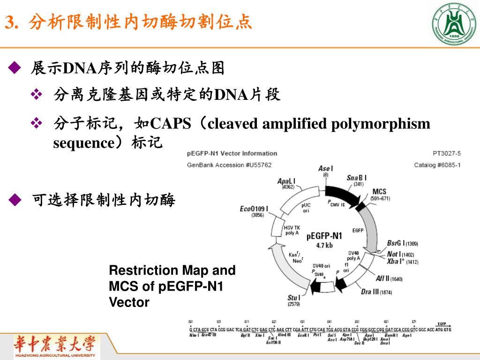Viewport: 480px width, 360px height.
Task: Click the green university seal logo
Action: tap(453, 24)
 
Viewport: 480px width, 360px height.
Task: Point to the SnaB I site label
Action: tap(357, 178)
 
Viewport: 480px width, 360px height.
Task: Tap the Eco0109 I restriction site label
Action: tap(254, 209)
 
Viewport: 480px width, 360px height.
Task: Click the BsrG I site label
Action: tap(396, 243)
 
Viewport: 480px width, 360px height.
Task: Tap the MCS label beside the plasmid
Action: tap(379, 192)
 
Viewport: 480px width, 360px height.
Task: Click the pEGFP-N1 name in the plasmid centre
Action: tap(324, 236)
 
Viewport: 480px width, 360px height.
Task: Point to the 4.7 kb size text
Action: tap(324, 245)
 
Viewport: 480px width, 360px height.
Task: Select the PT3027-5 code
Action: tap(447, 153)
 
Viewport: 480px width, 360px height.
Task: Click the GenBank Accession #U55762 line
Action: tap(229, 165)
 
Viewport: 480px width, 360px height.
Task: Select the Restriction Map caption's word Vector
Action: tap(129, 302)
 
